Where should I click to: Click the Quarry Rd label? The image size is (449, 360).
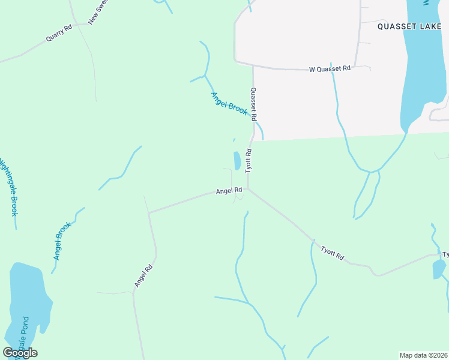59,32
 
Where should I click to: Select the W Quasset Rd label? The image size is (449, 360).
330,69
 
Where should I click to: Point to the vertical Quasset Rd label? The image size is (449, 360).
255,103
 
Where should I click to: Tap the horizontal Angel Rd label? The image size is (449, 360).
229,191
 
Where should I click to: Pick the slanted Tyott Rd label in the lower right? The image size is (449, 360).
332,253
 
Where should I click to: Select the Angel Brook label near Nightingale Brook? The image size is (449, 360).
62,241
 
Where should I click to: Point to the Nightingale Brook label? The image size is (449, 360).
8,187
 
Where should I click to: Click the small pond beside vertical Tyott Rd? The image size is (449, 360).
237,160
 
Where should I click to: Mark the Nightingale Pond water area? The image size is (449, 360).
27,300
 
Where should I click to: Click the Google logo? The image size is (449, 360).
20,352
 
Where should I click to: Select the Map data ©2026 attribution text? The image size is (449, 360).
423,355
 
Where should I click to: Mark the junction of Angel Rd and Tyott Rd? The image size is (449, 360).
249,189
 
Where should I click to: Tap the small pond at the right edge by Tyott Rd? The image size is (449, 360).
439,269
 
